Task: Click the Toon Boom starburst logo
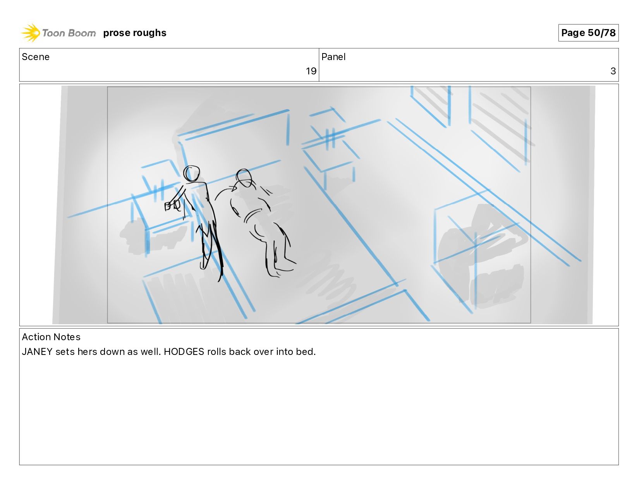tap(31, 33)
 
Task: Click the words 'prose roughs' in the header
tap(135, 33)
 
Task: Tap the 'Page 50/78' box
tap(588, 33)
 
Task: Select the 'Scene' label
tap(36, 57)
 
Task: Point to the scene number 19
tap(311, 71)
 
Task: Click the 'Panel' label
tap(333, 57)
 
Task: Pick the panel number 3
tap(613, 71)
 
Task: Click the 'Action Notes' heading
tap(51, 337)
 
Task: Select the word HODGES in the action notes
tap(184, 351)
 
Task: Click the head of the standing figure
tap(191, 174)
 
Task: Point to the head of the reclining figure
tap(244, 178)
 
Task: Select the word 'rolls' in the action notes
tap(216, 351)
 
